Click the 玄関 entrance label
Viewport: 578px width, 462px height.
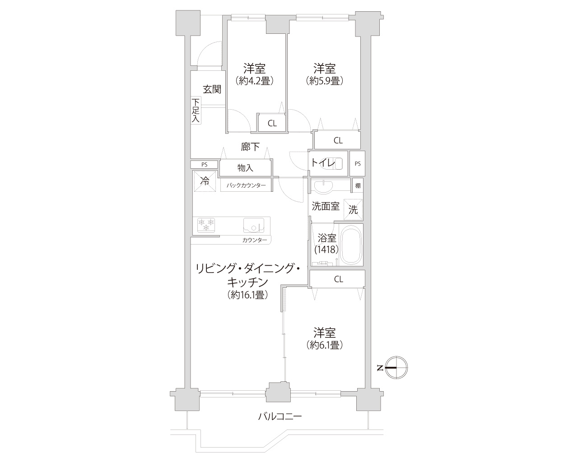(x=212, y=89)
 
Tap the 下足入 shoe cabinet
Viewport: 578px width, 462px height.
(x=196, y=110)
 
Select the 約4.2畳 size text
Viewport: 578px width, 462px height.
(x=254, y=81)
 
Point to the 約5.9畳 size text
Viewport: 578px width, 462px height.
(x=325, y=81)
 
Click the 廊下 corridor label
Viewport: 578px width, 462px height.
(x=250, y=147)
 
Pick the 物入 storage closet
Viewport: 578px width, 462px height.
(x=245, y=168)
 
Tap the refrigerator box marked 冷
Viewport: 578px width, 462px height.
(x=205, y=181)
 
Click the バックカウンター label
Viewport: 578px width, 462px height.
(x=246, y=185)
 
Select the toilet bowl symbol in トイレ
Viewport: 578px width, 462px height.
(x=333, y=163)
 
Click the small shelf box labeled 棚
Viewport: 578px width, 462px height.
(x=358, y=185)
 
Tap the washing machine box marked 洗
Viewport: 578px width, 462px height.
(x=353, y=210)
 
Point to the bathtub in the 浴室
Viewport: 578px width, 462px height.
(x=351, y=245)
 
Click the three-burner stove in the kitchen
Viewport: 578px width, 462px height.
(x=206, y=225)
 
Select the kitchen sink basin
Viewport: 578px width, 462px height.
(x=254, y=225)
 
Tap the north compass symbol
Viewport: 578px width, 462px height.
(x=396, y=368)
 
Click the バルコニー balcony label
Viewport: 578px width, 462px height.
(x=280, y=416)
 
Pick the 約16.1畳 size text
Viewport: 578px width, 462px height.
(x=247, y=295)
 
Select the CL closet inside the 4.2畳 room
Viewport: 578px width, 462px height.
(x=272, y=123)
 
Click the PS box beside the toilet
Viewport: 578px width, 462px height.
(x=358, y=164)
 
